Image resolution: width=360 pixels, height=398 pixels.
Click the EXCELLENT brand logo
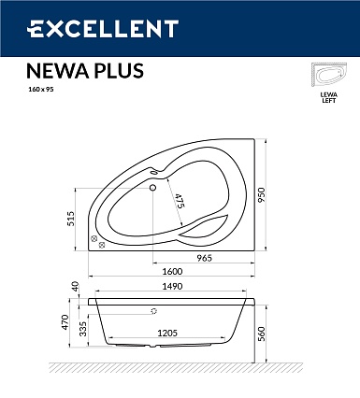[103, 29]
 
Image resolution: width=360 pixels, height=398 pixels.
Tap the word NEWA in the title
[57, 71]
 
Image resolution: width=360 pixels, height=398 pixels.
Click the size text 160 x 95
[39, 90]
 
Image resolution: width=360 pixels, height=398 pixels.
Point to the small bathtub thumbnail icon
[329, 76]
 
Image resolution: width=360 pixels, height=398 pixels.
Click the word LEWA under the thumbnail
[329, 95]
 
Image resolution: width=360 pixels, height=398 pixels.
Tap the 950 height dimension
[261, 194]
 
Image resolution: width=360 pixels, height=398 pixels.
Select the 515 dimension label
[71, 219]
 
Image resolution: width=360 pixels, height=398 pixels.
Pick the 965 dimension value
[204, 258]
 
